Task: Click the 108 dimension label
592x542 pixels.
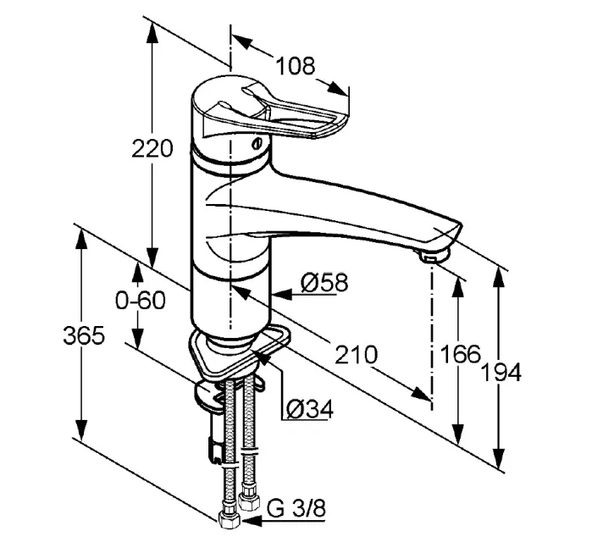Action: (x=295, y=66)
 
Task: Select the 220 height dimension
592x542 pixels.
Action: (x=152, y=148)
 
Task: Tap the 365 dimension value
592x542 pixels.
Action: (x=84, y=335)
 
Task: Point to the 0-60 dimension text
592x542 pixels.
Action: (x=141, y=301)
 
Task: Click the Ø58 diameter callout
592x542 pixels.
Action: (x=324, y=282)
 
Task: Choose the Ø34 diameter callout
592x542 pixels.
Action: (x=310, y=408)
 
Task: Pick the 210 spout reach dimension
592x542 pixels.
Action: (x=356, y=354)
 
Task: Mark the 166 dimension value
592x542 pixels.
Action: (x=461, y=354)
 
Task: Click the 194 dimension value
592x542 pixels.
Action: (x=502, y=373)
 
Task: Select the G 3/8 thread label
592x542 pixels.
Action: (x=296, y=508)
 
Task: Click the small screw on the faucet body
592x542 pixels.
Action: (x=257, y=144)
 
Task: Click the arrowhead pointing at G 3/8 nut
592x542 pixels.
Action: (x=251, y=521)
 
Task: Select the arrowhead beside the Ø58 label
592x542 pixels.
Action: (x=282, y=294)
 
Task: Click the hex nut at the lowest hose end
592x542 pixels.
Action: (x=229, y=521)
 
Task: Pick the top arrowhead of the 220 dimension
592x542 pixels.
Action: (x=152, y=32)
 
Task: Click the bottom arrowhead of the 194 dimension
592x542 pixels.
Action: (x=499, y=458)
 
